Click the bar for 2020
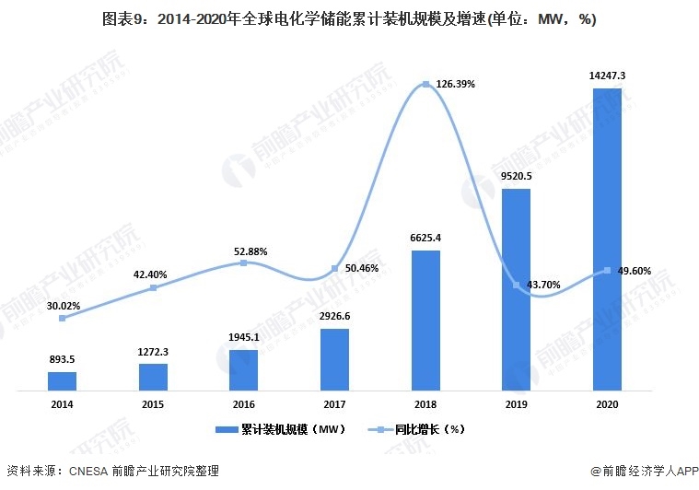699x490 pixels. (606, 240)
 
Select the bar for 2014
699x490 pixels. (62, 380)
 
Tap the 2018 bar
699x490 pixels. (425, 320)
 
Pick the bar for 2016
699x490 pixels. (243, 369)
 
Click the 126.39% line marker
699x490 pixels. (425, 85)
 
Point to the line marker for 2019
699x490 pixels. (516, 285)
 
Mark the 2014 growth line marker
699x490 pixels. (62, 318)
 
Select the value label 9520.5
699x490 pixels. (516, 175)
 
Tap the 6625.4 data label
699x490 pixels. (425, 238)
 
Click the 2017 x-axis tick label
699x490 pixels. (334, 404)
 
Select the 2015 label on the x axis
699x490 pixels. (153, 404)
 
